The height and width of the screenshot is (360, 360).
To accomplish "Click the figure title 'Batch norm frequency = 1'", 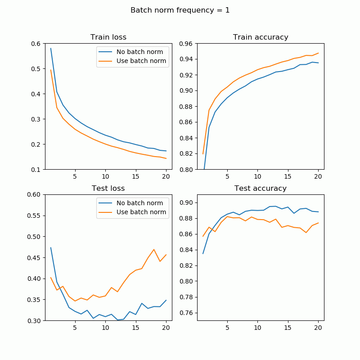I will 180,10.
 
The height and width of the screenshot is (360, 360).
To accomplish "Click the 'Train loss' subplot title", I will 108,37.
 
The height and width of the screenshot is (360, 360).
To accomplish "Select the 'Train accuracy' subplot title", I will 261,37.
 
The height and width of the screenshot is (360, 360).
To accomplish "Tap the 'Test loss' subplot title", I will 108,189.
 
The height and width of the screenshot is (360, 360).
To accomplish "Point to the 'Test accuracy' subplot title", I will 261,189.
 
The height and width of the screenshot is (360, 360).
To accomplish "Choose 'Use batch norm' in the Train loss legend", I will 141,61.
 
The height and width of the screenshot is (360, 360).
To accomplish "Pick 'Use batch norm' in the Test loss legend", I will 141,212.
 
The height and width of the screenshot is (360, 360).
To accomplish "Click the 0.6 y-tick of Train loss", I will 36,44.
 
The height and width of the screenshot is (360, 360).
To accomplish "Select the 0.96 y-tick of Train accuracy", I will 186,44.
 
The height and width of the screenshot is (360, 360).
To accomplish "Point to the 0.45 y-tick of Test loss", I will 34,258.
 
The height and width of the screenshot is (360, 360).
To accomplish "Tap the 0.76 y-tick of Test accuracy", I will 186,313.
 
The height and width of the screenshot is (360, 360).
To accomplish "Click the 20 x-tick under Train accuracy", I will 318,176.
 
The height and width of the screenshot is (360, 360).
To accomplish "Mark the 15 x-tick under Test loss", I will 135,327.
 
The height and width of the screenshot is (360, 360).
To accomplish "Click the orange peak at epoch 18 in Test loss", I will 154,249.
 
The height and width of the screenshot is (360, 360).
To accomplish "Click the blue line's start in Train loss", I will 51,48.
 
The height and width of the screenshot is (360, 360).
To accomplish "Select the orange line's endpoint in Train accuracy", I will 318,53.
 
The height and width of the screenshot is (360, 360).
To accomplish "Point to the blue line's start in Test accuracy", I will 203,253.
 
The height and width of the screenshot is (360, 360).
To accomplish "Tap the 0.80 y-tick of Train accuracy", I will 186,170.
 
